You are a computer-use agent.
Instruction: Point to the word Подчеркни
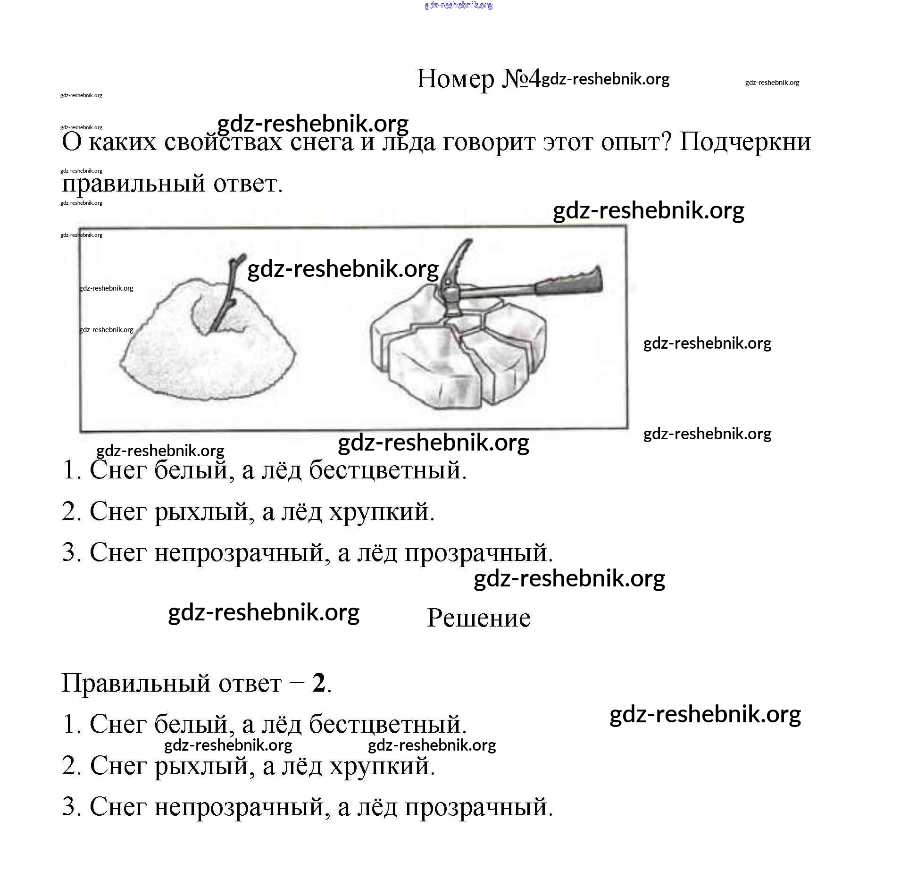[745, 142]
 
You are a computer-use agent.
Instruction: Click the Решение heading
[478, 618]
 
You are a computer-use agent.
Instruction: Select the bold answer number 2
[319, 683]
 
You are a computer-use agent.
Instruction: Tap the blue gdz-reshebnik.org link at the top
[458, 5]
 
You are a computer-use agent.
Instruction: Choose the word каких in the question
[122, 142]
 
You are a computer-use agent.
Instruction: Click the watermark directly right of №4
[605, 79]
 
